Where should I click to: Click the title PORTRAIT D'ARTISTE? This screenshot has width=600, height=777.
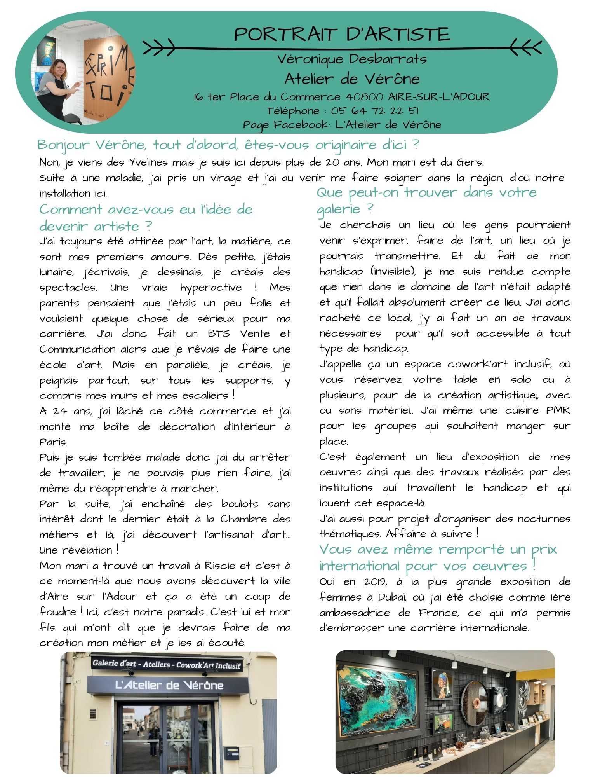tap(342, 34)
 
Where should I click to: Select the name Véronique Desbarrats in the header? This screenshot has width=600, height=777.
tap(352, 59)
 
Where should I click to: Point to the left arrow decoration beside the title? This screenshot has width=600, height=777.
tap(159, 48)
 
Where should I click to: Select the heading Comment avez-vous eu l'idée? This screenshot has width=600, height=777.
tap(146, 210)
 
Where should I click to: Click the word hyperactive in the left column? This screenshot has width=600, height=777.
tap(210, 288)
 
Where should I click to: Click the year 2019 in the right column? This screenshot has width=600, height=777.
tap(375, 582)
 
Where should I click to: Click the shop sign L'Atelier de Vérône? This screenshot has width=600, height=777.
tap(169, 685)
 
